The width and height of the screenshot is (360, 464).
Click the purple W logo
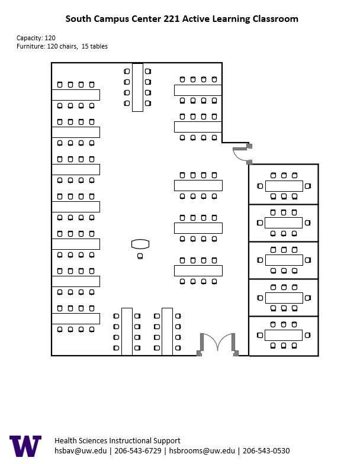(25, 446)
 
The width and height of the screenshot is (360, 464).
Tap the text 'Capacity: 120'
(36, 38)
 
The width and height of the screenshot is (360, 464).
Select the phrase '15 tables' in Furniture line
(95, 46)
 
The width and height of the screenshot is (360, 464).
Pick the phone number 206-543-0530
(266, 451)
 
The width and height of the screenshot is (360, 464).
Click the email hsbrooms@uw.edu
(200, 451)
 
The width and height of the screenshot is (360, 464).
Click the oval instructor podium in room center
(140, 243)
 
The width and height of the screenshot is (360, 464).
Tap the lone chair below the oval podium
(140, 256)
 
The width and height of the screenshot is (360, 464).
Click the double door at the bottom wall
(217, 344)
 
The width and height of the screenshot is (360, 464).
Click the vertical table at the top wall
(137, 88)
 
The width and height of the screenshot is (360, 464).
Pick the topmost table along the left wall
(75, 95)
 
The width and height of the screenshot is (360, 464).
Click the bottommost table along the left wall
(75, 318)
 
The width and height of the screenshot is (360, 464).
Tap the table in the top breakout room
(284, 186)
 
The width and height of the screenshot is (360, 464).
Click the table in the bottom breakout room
(284, 335)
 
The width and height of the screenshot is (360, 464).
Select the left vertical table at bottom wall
(127, 331)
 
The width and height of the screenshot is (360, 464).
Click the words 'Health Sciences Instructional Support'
(117, 441)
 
